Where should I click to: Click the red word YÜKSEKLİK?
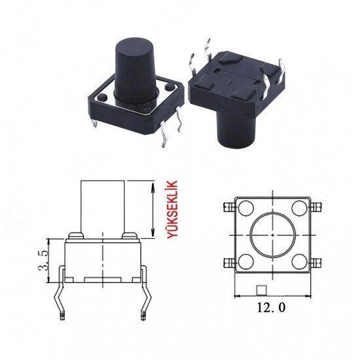click(x=172, y=209)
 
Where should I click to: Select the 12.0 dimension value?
click(x=271, y=308)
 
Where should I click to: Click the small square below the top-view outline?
click(x=261, y=290)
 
